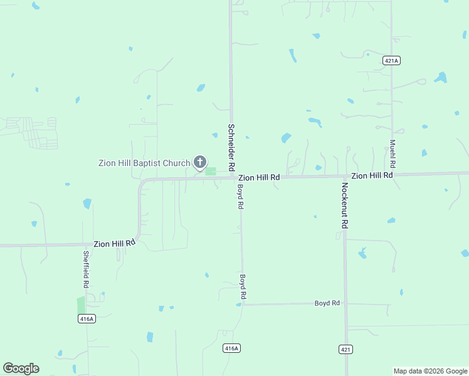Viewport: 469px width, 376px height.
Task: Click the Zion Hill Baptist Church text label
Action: point(144,164)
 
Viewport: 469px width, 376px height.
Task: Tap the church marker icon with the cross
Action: point(200,163)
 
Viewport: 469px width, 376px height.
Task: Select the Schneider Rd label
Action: point(231,147)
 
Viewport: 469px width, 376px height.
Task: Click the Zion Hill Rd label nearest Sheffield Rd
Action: point(115,243)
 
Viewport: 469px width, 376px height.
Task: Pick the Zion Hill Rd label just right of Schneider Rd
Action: point(259,178)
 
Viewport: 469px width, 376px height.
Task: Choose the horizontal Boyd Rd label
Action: point(327,303)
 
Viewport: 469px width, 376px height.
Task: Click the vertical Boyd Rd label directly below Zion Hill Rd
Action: point(240,196)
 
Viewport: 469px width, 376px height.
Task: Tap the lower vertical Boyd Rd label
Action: point(243,286)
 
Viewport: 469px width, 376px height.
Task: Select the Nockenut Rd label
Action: point(344,205)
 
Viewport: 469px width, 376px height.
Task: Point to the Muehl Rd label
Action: point(393,153)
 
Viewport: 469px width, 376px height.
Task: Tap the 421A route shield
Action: point(391,60)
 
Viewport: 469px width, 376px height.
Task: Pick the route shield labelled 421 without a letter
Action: point(346,349)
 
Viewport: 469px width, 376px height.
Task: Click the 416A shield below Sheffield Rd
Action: point(87,319)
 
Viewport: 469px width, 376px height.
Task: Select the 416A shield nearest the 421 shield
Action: point(231,348)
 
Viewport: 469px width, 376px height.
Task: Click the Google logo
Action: point(21,368)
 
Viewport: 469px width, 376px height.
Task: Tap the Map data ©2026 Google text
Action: point(430,371)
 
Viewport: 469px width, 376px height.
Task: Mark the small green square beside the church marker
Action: point(211,171)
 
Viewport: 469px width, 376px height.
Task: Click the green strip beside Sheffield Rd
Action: point(80,305)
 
